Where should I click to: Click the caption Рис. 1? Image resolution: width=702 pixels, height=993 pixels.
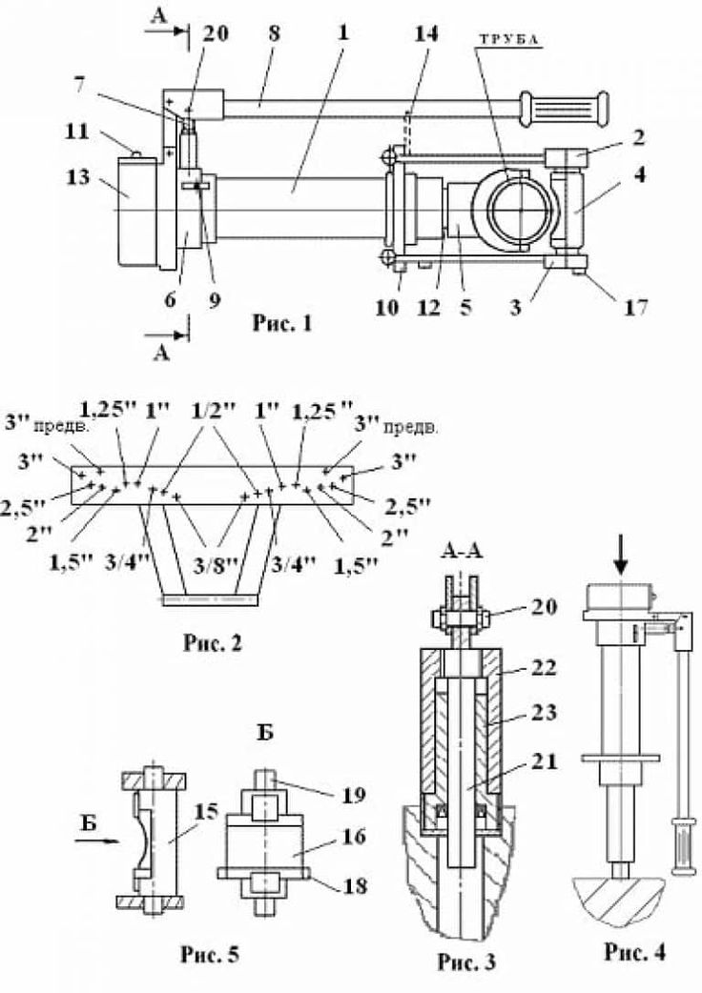[x=282, y=324]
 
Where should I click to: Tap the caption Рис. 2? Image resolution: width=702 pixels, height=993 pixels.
[x=213, y=643]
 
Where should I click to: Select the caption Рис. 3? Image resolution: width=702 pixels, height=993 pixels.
[x=467, y=962]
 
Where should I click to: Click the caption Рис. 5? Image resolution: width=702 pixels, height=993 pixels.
[x=211, y=953]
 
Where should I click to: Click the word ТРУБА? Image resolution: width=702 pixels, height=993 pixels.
[x=509, y=39]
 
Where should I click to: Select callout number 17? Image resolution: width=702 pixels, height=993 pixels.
[x=635, y=307]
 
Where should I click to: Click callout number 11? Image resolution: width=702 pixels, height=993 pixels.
[x=76, y=133]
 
